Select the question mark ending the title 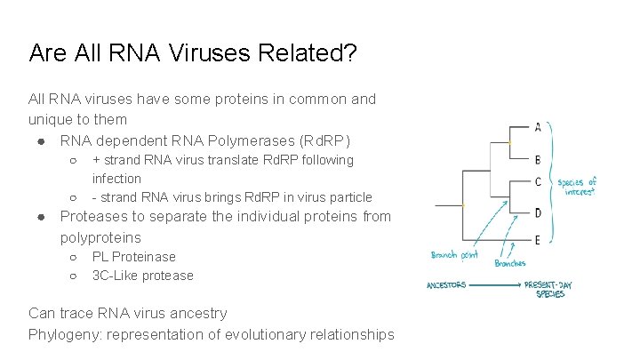(351, 54)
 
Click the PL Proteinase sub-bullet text (134, 257)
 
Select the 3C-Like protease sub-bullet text (142, 276)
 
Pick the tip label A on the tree (538, 127)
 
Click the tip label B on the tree (538, 160)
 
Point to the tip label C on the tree (538, 181)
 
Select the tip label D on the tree (538, 212)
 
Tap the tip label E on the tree (538, 240)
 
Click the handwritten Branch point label (455, 255)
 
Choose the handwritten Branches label (509, 263)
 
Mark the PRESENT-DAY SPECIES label (548, 290)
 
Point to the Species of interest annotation (577, 186)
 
